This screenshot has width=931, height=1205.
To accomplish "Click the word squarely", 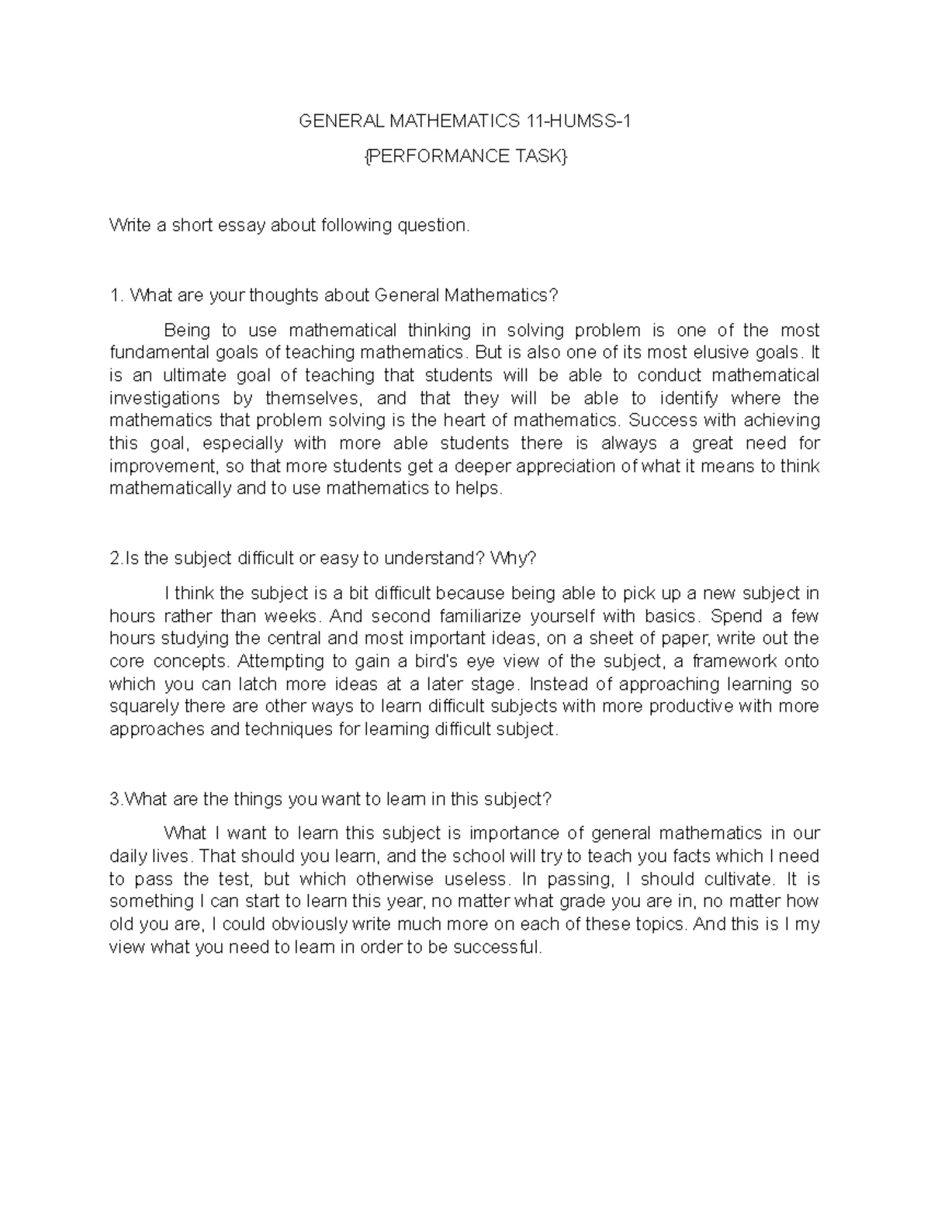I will coord(144,707).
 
